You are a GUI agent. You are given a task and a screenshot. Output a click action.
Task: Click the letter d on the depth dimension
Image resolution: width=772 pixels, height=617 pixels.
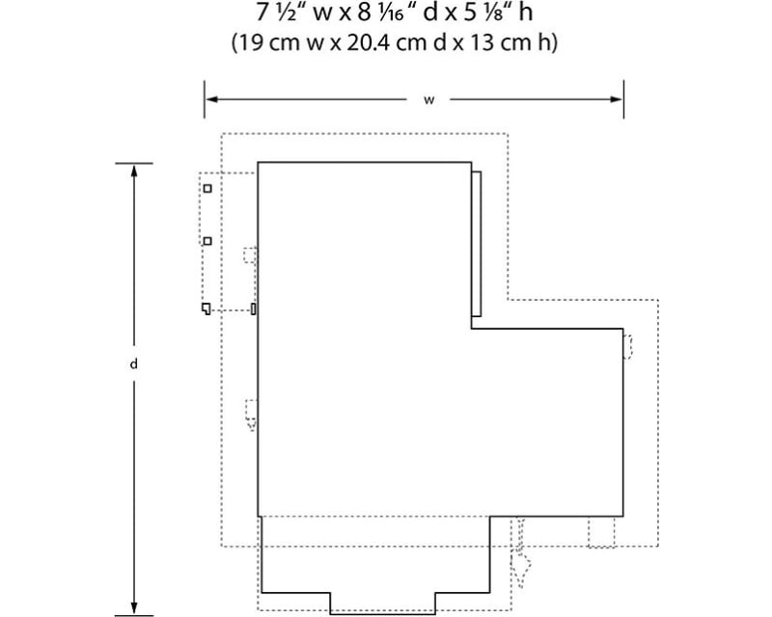click(133, 365)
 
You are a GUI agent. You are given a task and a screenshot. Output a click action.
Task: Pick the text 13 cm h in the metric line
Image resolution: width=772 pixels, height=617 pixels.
click(517, 43)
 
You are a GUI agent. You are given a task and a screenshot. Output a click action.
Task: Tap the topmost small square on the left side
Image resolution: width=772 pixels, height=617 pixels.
click(207, 188)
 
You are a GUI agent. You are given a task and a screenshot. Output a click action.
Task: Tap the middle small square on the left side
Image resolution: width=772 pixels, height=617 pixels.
click(207, 239)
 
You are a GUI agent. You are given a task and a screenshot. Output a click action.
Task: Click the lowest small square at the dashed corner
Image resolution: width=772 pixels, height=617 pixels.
click(207, 308)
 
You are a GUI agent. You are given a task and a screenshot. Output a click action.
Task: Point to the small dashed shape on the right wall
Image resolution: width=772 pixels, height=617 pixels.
click(628, 346)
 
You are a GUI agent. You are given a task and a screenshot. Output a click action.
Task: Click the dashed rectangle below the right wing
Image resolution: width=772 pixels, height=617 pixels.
click(601, 532)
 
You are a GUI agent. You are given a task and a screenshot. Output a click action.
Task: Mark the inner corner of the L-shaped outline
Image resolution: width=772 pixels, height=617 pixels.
click(471, 330)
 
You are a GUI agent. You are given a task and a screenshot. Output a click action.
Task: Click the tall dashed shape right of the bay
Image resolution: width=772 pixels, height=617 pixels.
click(520, 555)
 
